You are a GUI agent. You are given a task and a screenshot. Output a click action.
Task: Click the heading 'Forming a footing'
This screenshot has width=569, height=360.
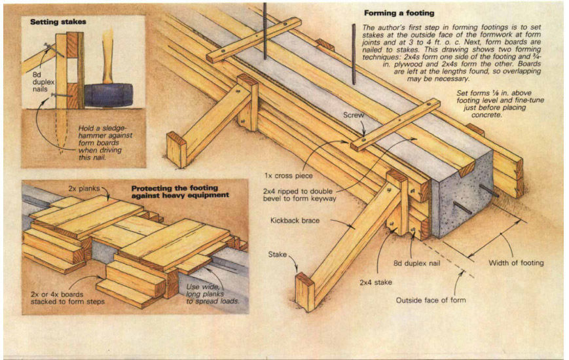tap(398, 12)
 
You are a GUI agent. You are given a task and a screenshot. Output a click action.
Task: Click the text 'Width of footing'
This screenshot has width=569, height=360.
tap(516, 264)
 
